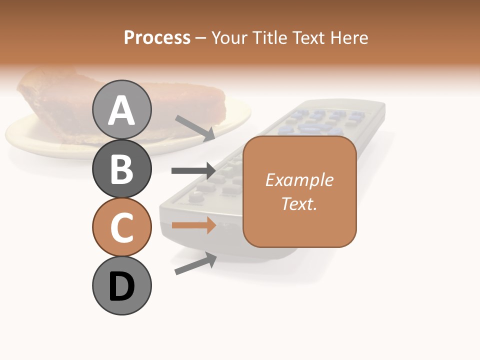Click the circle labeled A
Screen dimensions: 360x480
pos(122,110)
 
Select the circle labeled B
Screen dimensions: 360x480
pos(122,168)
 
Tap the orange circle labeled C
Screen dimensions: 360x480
pos(122,227)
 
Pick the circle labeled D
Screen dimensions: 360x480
pos(122,286)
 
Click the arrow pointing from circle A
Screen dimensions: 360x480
pos(195,127)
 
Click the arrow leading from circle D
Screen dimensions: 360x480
pos(195,263)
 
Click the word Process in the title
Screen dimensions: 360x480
pos(157,37)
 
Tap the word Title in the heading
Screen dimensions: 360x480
pos(268,37)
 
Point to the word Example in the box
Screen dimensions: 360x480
pos(299,180)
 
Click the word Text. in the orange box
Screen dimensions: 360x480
pos(299,203)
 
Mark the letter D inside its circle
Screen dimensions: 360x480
pos(122,286)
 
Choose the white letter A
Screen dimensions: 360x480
pos(122,110)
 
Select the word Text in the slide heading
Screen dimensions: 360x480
pos(308,37)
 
